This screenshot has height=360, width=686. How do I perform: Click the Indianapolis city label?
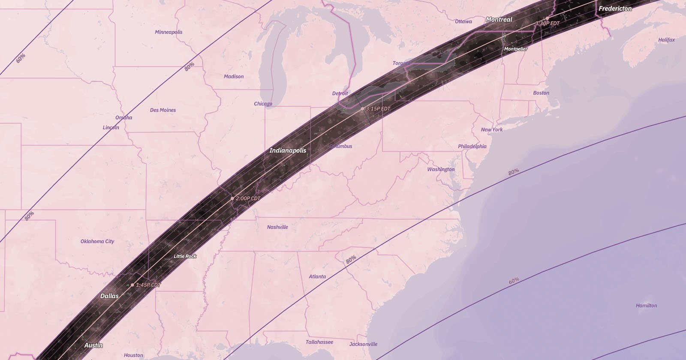click(x=288, y=150)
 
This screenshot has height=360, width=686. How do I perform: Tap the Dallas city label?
click(x=109, y=296)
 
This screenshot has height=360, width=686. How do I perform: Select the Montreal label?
click(x=499, y=19)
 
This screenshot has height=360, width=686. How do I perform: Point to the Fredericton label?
click(x=615, y=9)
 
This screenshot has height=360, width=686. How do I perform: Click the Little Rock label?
click(x=185, y=256)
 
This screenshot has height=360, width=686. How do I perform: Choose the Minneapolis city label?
click(x=168, y=32)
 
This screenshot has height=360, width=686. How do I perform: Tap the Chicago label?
click(x=263, y=104)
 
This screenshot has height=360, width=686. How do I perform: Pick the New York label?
click(x=491, y=129)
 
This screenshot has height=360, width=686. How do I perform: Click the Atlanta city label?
click(x=317, y=276)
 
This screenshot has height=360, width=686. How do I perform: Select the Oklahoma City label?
click(x=97, y=241)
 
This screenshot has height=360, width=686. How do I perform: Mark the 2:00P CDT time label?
click(x=248, y=198)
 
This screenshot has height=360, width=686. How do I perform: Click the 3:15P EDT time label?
click(x=378, y=109)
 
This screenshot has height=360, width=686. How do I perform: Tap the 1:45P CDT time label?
click(x=148, y=285)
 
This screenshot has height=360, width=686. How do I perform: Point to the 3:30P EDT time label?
click(x=548, y=23)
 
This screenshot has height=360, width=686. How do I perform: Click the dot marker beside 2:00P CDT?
click(x=232, y=198)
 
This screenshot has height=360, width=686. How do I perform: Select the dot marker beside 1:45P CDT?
click(x=132, y=285)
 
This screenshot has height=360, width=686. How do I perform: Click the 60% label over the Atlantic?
click(x=514, y=280)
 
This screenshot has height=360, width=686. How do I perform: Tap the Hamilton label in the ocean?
click(x=646, y=306)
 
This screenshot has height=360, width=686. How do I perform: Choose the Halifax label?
click(x=666, y=40)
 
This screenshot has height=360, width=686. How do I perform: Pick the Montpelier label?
click(x=515, y=49)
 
